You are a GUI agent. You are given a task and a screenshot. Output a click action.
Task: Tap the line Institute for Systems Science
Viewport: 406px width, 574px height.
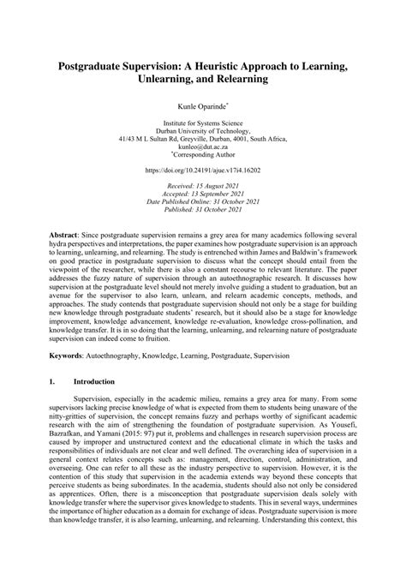[202, 124]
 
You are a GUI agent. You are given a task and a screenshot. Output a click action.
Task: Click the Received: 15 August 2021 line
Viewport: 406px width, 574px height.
[202, 187]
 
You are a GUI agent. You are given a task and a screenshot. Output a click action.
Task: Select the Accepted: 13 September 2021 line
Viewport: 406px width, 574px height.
[202, 195]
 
